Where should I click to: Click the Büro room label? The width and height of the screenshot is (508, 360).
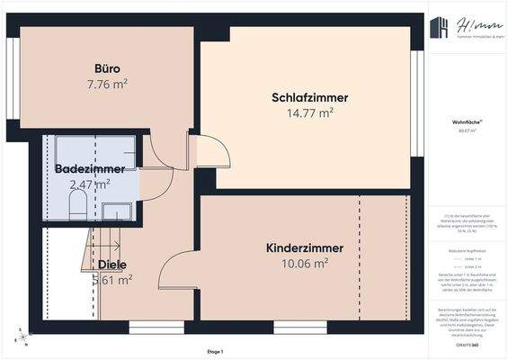coord(107,68)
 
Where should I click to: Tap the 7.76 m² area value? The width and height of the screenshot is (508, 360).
coord(107,84)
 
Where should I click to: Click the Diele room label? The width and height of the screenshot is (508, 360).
coord(112,265)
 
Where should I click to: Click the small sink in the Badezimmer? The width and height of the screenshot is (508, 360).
coord(114,211)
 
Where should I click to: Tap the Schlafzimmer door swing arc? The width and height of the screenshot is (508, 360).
coord(207,149)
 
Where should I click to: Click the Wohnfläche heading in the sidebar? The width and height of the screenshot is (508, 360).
coord(466,121)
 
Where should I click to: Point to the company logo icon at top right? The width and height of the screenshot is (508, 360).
coord(439,29)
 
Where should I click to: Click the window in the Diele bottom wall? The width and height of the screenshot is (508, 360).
coord(143,323)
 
